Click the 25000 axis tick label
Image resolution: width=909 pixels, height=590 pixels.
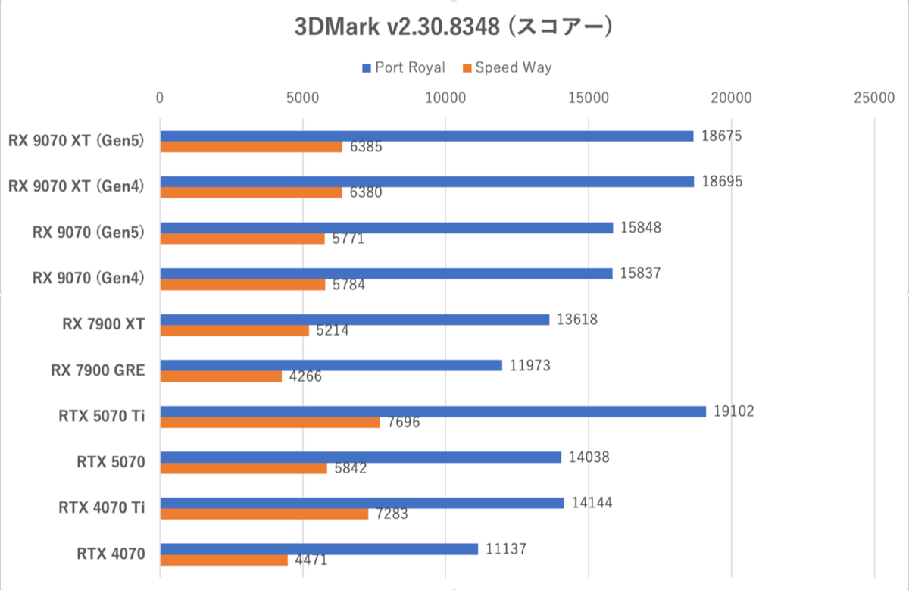[874, 98]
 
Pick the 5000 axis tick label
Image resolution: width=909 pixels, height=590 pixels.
[302, 98]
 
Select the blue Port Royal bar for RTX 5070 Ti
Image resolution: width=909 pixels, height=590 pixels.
[433, 411]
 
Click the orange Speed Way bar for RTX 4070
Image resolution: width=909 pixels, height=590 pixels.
[223, 560]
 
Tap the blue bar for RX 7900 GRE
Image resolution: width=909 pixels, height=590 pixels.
[331, 365]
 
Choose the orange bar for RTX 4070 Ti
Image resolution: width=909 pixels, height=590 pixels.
[264, 514]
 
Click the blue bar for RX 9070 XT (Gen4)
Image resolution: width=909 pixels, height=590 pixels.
[426, 182]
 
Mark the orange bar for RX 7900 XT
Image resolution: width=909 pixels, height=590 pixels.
[234, 331]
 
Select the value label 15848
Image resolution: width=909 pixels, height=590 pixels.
[641, 227]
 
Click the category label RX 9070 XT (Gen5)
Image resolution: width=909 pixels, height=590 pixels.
[77, 140]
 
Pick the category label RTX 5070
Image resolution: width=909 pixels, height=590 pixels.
[111, 461]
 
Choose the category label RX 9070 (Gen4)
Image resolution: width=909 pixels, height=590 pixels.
[89, 278]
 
